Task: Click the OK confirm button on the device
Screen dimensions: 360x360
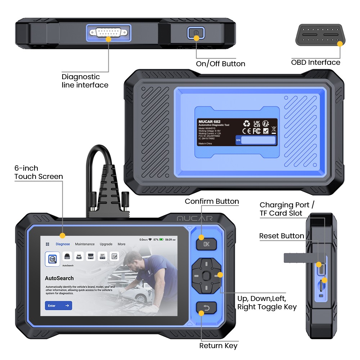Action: pos(206,244)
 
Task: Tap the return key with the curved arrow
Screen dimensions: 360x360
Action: pos(206,308)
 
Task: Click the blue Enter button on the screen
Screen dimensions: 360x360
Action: pos(58,306)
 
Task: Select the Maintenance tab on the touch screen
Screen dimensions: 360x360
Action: pos(85,244)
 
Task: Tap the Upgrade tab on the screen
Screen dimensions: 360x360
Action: pos(106,244)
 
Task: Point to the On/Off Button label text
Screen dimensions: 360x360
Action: pos(220,64)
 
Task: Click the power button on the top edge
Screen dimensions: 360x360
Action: pos(195,33)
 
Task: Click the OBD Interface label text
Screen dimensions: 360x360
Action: pos(315,62)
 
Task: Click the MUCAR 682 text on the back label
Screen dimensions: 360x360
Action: pos(210,122)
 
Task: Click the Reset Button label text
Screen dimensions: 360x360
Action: pos(282,236)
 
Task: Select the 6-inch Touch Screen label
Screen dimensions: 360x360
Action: pos(39,172)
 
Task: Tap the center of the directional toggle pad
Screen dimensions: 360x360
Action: pos(206,276)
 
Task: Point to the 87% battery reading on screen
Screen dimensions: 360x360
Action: pos(156,239)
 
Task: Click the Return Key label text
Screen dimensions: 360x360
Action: pos(218,346)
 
